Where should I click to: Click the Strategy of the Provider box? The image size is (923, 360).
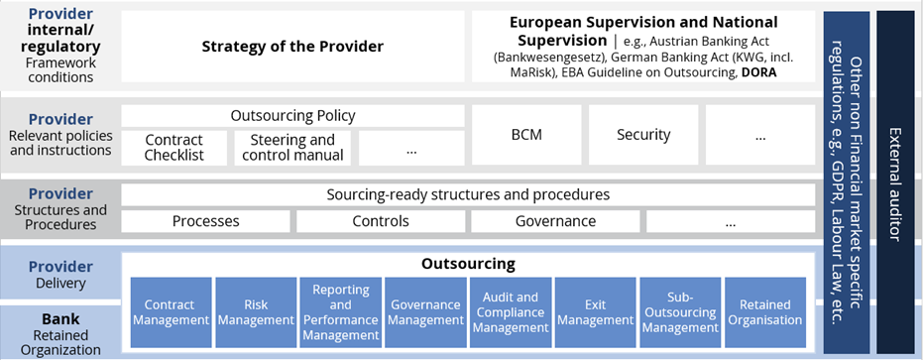click(292, 46)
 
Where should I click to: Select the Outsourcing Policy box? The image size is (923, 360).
click(292, 115)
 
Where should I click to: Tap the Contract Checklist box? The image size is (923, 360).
click(174, 148)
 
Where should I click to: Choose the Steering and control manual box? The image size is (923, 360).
click(292, 148)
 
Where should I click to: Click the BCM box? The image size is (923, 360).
click(526, 135)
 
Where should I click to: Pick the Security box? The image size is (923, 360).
click(643, 135)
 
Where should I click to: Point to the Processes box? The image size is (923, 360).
click(205, 221)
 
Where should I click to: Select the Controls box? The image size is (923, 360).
click(381, 221)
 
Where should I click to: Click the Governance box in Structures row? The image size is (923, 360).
click(555, 221)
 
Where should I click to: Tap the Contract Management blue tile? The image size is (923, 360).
click(171, 312)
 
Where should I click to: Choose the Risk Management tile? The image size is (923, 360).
click(256, 312)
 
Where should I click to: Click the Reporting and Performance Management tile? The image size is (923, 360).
click(341, 312)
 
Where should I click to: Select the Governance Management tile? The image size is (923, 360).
click(425, 312)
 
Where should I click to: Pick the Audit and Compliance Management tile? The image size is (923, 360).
click(511, 312)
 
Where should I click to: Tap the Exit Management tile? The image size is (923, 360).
click(595, 312)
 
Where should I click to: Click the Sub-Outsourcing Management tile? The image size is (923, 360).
click(680, 312)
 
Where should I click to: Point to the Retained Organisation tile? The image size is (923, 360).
click(764, 312)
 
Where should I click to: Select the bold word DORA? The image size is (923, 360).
click(759, 73)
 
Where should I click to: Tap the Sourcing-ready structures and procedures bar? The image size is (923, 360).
click(468, 194)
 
